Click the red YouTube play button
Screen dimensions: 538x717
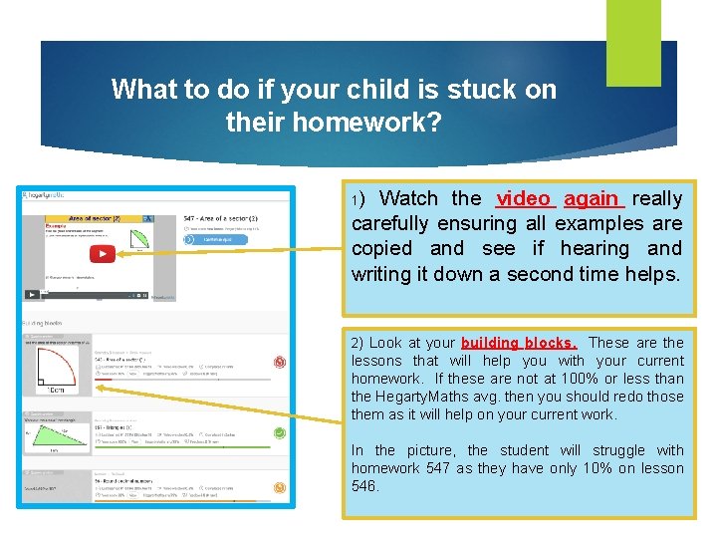point(102,253)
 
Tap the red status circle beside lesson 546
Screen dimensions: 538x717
point(280,362)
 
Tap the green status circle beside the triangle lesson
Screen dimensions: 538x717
point(280,432)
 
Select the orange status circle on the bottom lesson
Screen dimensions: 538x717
point(280,487)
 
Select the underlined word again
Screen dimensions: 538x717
point(591,198)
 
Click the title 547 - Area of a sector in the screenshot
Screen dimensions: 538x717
point(221,217)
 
